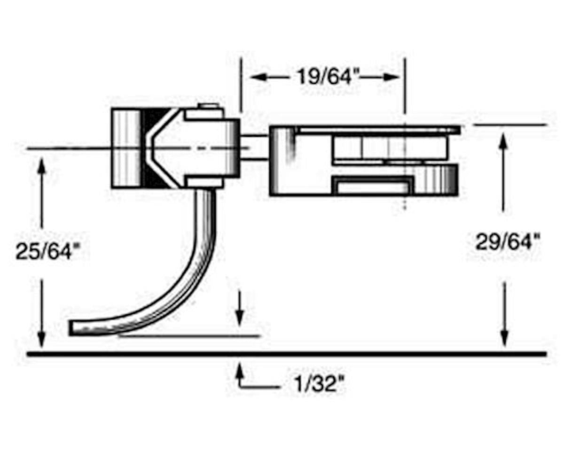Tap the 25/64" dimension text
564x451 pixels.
pos(45,251)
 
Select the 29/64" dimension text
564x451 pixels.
pos(507,242)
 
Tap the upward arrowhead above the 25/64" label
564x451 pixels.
pos(41,164)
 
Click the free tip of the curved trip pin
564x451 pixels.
pos(73,327)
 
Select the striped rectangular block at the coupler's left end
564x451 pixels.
pos(125,148)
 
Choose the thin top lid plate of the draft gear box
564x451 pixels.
pos(376,130)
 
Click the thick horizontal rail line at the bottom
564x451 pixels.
pos(287,353)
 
